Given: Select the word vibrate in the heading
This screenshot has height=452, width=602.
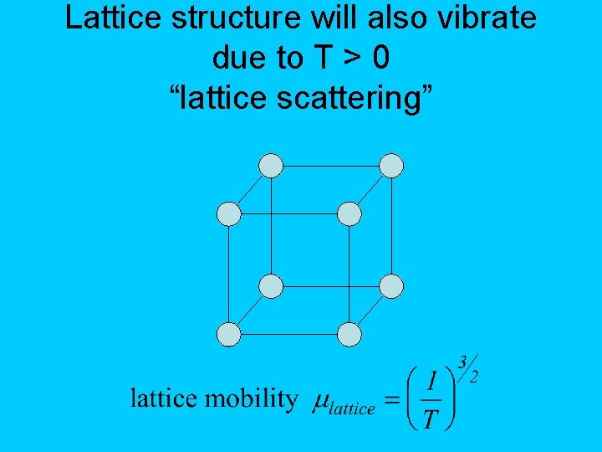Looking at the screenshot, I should pyautogui.click(x=492, y=18).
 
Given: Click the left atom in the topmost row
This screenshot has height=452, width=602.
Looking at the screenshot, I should pyautogui.click(x=271, y=166).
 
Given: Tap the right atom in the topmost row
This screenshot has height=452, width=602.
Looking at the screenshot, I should pyautogui.click(x=391, y=166).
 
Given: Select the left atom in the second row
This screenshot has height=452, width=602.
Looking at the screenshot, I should pyautogui.click(x=229, y=214).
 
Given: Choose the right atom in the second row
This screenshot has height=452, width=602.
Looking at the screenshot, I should pyautogui.click(x=349, y=214).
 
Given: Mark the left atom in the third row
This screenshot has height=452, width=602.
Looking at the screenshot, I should pyautogui.click(x=271, y=286).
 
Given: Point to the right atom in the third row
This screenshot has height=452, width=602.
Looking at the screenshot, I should pyautogui.click(x=391, y=286).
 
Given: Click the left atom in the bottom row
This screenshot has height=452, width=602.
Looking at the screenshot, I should pyautogui.click(x=229, y=335).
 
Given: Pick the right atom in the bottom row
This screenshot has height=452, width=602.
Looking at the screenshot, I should pyautogui.click(x=349, y=335).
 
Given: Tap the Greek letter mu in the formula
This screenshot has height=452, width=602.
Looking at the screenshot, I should pyautogui.click(x=321, y=403).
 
